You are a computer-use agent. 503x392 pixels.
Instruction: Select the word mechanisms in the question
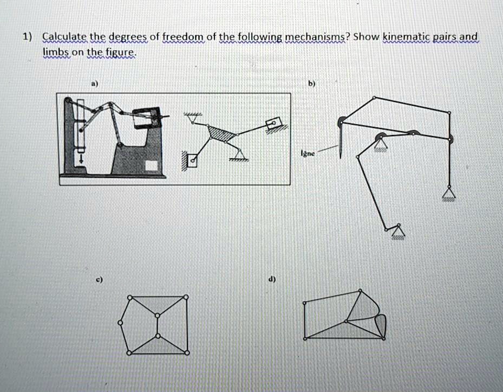[317, 37]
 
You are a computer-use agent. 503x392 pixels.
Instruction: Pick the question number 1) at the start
[27, 37]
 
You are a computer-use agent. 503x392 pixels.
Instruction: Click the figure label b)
[312, 84]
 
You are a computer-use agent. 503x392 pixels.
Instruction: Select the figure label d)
[272, 280]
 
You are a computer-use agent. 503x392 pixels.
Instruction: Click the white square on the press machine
[153, 165]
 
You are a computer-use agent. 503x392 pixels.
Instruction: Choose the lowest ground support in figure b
[398, 232]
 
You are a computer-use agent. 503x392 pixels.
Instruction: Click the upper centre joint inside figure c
[158, 314]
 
